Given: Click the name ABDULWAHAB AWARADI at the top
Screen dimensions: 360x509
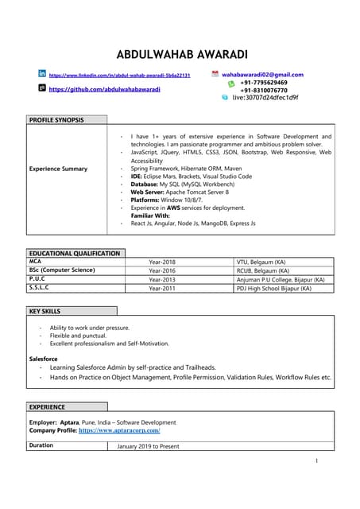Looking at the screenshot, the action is coord(180,54).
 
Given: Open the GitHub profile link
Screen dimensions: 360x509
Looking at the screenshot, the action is coord(104,90).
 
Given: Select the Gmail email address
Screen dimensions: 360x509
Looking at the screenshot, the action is coord(261,75).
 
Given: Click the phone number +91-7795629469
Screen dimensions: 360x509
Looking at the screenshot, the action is coord(264,83).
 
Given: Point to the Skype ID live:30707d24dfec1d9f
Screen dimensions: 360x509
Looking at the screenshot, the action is coord(265,98).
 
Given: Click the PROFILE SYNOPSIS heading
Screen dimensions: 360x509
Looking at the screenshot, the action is coord(55,119).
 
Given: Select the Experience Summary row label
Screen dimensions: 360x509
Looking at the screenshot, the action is coord(58,169).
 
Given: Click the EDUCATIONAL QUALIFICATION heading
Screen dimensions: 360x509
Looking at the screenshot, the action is coord(75,253).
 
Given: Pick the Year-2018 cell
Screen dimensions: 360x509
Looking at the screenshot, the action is coord(162,262).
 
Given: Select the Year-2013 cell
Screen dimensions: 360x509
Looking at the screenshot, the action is coord(162,280).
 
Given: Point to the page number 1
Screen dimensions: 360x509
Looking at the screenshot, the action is coord(316,461).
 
